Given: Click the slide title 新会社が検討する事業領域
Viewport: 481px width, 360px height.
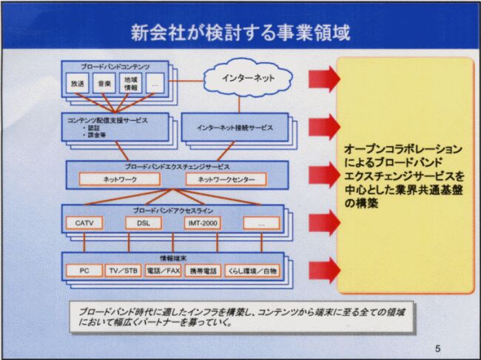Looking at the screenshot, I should [x=240, y=33].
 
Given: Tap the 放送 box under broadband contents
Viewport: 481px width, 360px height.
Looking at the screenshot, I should [x=78, y=84].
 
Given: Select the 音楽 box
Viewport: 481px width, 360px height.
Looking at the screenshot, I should [x=104, y=84].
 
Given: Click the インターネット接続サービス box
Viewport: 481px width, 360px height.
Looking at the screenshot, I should [x=235, y=127].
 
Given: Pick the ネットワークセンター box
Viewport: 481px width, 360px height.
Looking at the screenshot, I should [x=221, y=180].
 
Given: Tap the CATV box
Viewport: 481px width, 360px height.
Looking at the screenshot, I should [x=85, y=223].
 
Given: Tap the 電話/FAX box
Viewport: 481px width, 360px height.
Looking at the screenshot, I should [x=162, y=271].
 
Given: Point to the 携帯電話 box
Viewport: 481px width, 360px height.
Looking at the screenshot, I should [x=202, y=271].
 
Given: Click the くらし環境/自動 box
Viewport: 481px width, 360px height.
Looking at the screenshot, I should [x=252, y=271].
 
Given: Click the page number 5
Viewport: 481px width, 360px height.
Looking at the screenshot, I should [x=437, y=348].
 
